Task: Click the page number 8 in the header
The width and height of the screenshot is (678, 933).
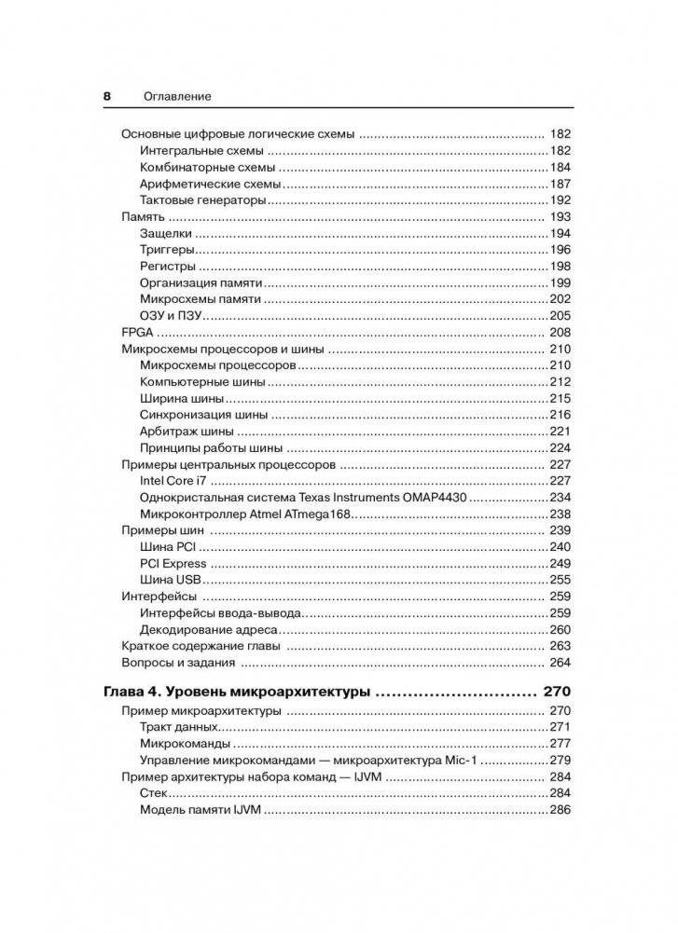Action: point(107,96)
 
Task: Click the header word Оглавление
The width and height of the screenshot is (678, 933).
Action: point(177,96)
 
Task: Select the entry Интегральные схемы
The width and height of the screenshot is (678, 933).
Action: point(201,150)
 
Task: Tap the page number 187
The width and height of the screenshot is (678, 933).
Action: point(560,184)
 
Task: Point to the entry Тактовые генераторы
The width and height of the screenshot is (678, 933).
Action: point(203,200)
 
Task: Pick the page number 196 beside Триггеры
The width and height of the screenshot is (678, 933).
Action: point(560,250)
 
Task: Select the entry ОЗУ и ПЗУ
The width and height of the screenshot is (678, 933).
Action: point(172,316)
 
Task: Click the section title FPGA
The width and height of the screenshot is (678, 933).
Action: point(137,333)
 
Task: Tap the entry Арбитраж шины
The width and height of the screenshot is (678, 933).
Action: point(187,432)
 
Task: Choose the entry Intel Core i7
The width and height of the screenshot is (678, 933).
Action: point(173,481)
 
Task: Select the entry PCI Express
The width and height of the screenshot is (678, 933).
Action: point(173,564)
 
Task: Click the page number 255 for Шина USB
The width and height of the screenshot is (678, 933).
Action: point(560,580)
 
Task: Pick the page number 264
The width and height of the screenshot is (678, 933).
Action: point(560,663)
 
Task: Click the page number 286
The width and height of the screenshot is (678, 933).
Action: point(560,810)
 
